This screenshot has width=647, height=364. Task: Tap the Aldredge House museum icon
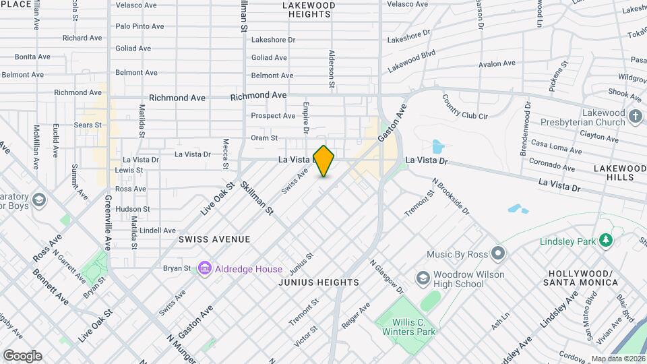[204, 269]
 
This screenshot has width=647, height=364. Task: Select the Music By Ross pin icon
[498, 254]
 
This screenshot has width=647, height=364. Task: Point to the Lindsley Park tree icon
[607, 241]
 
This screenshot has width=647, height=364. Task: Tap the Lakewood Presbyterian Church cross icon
[635, 117]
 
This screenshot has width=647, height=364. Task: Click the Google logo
[22, 355]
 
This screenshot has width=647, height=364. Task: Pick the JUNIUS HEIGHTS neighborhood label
[319, 282]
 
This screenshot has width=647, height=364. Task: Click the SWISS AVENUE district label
[214, 239]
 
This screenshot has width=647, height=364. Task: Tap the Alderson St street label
[332, 69]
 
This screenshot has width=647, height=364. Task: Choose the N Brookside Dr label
[450, 196]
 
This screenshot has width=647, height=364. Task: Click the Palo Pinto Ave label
[140, 26]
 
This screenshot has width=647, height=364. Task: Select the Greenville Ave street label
[108, 222]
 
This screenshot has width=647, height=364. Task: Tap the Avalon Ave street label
[497, 64]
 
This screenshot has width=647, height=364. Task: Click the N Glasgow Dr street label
[386, 276]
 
